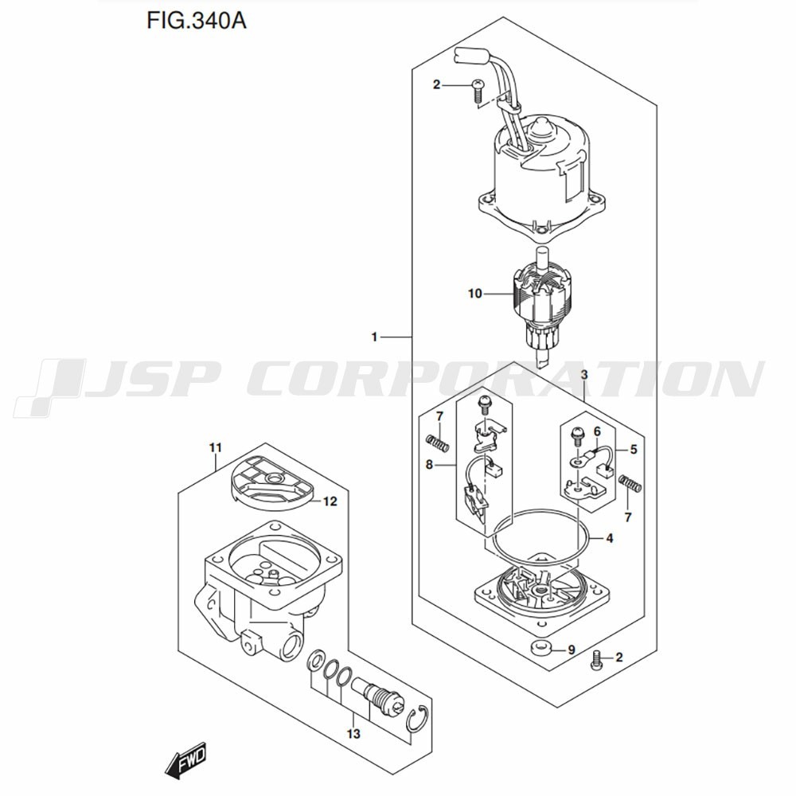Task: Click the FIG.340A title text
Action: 197,21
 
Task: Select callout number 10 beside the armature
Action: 474,294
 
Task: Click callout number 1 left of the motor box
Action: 375,337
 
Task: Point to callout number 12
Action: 330,501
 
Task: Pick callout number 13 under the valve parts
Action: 353,734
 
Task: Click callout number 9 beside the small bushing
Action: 571,650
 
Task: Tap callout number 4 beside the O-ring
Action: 609,538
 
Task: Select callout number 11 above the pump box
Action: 216,447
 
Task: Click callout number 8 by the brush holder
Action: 430,464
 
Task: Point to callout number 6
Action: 597,431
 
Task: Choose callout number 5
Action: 633,449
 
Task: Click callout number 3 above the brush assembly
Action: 584,375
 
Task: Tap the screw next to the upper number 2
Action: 477,91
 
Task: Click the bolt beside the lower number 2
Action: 596,659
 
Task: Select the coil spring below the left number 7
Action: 438,442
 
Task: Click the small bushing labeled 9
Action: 540,648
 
